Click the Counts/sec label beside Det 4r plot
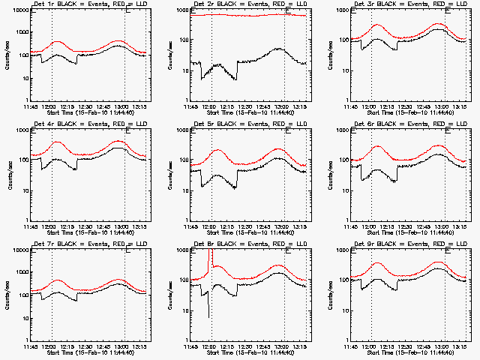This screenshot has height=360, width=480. point(10,175)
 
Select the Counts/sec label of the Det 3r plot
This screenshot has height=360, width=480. point(329,55)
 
